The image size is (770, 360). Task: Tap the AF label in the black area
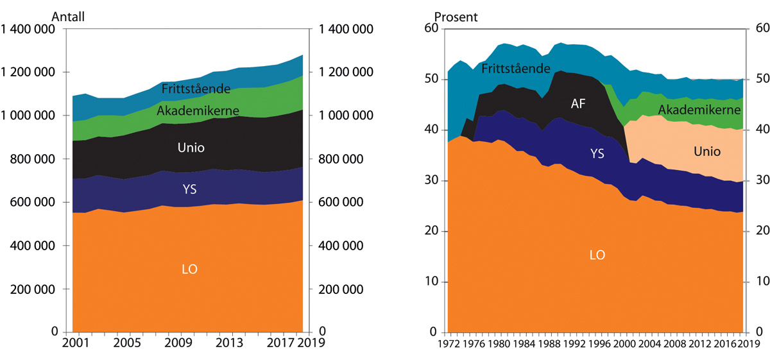579,103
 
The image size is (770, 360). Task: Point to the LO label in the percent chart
597,255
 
